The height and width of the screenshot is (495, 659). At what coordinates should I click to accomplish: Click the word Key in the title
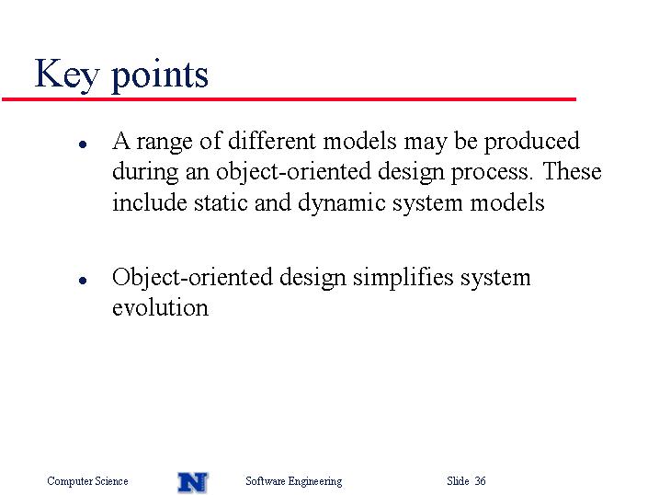point(67,75)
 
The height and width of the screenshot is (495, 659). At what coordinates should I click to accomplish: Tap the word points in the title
point(160,75)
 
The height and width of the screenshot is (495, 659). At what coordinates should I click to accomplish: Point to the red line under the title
point(289,99)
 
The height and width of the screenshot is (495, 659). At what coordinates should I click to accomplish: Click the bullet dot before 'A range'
point(83,144)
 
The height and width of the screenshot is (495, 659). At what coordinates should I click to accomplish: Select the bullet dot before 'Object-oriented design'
point(83,280)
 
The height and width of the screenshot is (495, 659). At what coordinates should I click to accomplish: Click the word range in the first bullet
point(165,143)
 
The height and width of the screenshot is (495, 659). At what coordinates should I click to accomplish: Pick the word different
point(271,141)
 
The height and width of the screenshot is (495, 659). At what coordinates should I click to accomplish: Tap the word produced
point(532,142)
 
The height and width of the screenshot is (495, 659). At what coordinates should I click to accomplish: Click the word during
point(145,173)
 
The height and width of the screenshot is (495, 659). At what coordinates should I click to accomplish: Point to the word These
point(572,171)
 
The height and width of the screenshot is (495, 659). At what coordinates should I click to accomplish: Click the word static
point(221,202)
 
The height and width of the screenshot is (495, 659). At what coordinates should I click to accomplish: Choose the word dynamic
point(342,203)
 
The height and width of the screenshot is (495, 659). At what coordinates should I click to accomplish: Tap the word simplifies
point(403,278)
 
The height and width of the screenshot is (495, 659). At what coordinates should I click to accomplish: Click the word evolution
point(160,307)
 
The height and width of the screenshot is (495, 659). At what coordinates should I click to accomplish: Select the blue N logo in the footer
point(193,482)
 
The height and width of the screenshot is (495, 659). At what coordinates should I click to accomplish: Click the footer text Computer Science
point(87,481)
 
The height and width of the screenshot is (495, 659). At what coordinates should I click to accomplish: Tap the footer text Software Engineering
point(294,481)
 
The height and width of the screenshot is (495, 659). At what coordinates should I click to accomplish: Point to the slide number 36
point(480,480)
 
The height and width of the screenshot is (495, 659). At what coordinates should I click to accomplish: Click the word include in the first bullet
point(150,202)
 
